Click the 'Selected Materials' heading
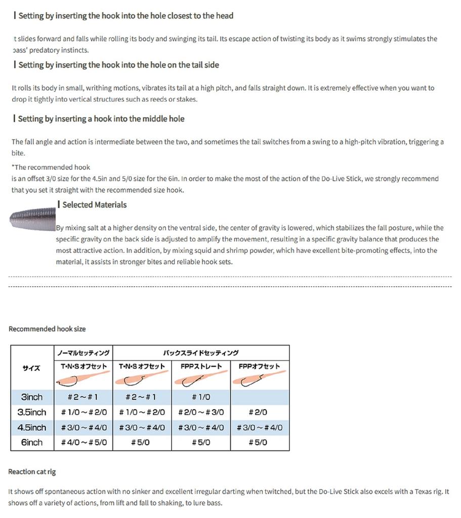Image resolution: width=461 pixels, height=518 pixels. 94,205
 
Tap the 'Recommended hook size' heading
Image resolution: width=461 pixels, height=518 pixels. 47,329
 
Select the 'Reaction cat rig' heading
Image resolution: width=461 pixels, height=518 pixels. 32,472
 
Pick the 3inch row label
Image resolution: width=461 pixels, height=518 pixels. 32,397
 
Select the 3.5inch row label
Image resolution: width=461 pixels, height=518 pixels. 32,412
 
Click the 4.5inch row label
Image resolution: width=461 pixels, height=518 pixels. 32,427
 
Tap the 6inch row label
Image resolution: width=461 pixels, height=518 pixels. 32,443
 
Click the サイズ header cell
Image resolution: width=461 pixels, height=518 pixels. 32,368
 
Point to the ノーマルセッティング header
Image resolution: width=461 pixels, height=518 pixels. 83,353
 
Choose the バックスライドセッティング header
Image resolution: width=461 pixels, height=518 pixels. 201,353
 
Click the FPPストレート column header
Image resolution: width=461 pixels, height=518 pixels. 201,366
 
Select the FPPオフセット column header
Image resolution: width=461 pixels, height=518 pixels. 260,366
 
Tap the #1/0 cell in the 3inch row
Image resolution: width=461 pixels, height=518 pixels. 201,397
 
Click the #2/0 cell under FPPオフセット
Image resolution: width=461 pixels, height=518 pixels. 260,412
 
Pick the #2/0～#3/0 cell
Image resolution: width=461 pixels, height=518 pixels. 201,412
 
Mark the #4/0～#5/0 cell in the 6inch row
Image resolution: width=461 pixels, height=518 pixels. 83,443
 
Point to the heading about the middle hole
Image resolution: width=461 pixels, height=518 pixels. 101,119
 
